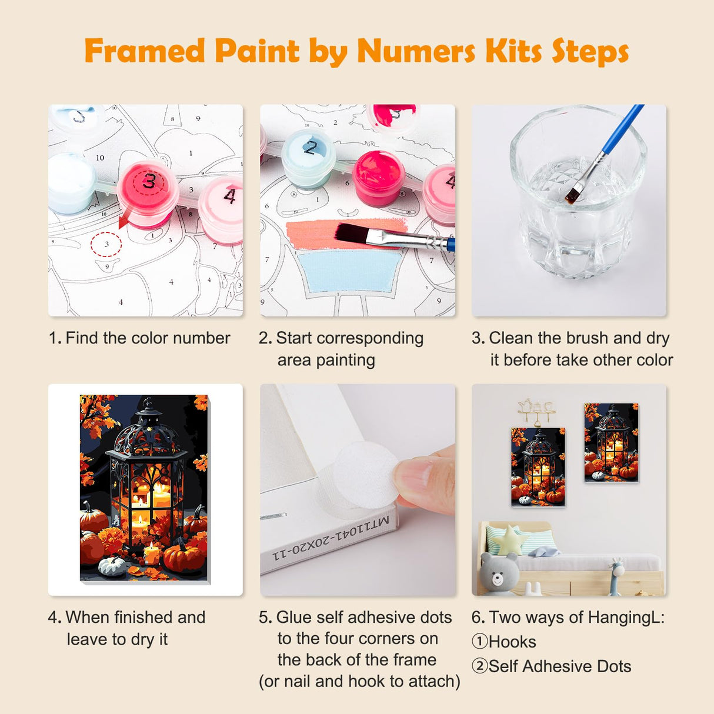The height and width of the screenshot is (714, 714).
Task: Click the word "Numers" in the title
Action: click(416, 52)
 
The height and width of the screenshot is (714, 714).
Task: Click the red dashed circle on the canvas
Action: click(106, 243)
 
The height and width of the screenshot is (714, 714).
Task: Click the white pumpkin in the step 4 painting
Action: click(112, 566)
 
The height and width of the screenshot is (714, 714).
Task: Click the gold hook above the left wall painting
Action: click(535, 412)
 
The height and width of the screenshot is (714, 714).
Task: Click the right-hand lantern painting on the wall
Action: click(611, 442)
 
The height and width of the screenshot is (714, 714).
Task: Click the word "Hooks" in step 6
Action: click(512, 642)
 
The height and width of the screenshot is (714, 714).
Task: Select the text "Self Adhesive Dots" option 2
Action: click(559, 666)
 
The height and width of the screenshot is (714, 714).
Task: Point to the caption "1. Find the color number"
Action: click(139, 338)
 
